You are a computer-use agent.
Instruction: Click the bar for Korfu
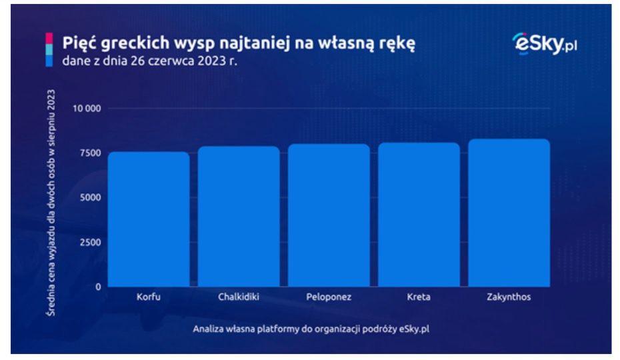(149, 219)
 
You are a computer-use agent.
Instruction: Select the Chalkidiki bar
(239, 217)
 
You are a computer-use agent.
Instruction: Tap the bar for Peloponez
(329, 215)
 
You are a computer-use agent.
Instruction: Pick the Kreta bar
(419, 215)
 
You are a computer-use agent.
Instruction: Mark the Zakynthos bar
(509, 213)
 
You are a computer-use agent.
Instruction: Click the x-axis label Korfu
(149, 297)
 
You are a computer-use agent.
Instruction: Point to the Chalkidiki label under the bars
(239, 297)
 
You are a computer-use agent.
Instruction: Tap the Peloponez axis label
(329, 297)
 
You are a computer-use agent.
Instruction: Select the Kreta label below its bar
(419, 297)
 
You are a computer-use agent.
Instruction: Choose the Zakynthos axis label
(509, 297)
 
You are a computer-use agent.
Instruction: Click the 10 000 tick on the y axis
(87, 109)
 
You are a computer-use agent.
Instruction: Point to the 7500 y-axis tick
(91, 153)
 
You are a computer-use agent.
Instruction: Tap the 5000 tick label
(91, 197)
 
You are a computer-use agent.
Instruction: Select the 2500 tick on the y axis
(91, 243)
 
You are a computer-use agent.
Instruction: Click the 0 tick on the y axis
(98, 287)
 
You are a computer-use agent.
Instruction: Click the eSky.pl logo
(545, 43)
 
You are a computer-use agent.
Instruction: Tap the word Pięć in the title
(79, 42)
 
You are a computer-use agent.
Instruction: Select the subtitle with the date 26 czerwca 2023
(150, 61)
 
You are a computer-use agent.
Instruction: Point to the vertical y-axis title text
(51, 203)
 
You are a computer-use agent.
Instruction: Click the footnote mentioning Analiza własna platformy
(311, 329)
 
